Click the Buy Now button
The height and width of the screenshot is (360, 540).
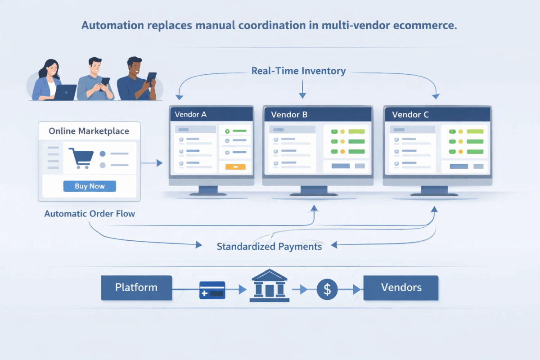click(90, 186)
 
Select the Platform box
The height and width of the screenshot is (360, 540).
click(136, 288)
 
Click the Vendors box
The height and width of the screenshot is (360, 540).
click(400, 288)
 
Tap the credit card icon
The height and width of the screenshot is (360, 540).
click(212, 290)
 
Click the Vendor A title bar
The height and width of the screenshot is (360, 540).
click(210, 114)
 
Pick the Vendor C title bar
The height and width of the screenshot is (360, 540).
click(437, 115)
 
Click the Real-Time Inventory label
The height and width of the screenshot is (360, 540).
click(298, 71)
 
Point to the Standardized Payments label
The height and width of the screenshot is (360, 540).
click(269, 247)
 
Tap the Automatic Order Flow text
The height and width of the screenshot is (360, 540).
click(90, 214)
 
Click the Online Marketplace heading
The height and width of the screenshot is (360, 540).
click(89, 131)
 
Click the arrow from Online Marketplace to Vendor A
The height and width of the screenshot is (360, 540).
click(152, 163)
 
